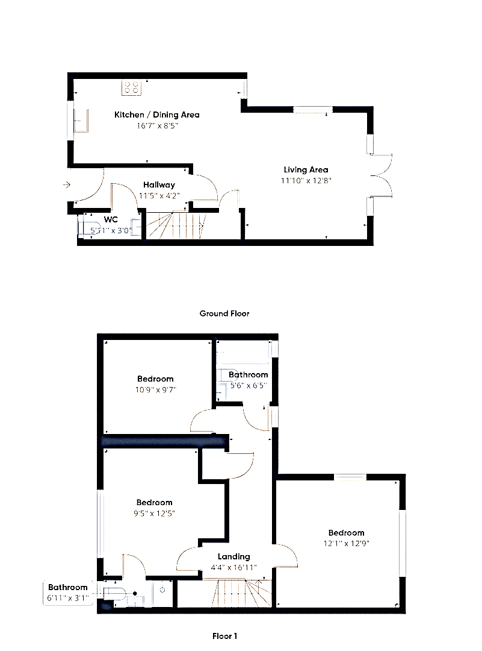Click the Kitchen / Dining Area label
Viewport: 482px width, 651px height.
coord(156,115)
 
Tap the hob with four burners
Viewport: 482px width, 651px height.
coord(131,87)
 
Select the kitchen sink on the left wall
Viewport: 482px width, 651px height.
coord(81,121)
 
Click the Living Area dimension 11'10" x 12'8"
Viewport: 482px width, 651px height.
coord(306,181)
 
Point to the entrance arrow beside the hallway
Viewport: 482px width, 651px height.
coord(67,185)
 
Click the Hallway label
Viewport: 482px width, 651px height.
coord(159,185)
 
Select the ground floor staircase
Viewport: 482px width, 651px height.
coord(176,225)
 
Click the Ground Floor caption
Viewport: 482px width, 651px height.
coord(224,313)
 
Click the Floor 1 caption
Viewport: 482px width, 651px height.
coord(224,636)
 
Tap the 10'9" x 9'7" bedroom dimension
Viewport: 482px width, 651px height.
coord(155,390)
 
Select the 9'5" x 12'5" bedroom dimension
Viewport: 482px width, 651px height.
coord(154,514)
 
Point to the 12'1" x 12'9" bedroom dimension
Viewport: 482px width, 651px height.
coord(347,544)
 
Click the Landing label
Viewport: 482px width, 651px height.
coord(233,557)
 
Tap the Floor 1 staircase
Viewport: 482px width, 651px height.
coord(243,593)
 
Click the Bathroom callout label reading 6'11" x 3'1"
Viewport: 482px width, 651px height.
coord(67,593)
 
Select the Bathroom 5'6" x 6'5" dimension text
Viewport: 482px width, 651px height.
coord(249,386)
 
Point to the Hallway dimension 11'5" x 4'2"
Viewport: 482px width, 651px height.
coord(159,195)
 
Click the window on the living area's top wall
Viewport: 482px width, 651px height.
coord(313,110)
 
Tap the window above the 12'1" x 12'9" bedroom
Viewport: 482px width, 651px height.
coord(350,477)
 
